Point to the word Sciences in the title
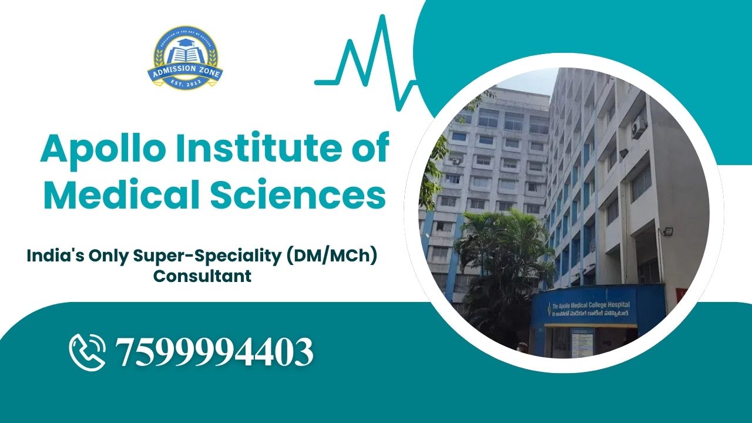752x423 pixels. click(x=296, y=197)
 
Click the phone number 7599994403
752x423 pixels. click(x=214, y=352)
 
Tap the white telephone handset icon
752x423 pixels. click(x=87, y=351)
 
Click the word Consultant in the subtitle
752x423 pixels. click(x=203, y=276)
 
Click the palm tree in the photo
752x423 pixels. click(x=499, y=247)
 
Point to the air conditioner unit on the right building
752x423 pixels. click(x=639, y=127)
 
